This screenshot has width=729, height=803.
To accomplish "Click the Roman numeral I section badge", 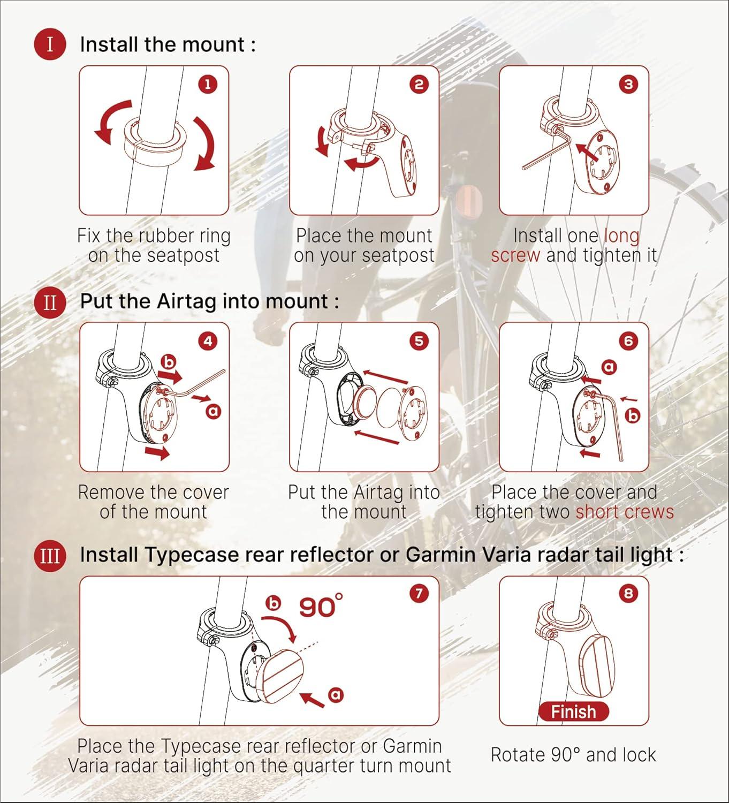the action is coord(50,44).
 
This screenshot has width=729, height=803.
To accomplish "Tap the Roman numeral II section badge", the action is coord(50,302).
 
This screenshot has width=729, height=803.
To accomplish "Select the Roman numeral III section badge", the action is coord(50,556).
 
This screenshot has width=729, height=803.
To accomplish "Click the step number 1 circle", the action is coord(208,85).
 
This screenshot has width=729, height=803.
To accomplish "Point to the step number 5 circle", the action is coord(419,341).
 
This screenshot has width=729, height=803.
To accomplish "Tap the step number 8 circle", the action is coord(628,593).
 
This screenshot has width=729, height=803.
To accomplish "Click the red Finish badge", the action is coord(574,712).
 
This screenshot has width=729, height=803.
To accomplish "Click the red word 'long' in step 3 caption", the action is coord(622,236).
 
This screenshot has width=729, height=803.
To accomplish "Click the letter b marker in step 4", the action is coord(169,362).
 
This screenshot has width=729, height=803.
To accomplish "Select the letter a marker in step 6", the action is coord(609,367).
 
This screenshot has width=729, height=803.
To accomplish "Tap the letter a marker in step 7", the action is coord(336,695).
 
